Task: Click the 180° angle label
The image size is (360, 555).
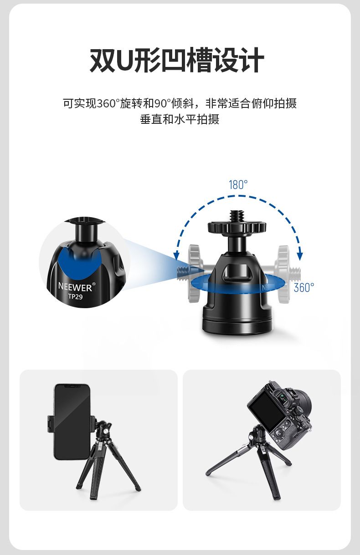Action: click(x=238, y=184)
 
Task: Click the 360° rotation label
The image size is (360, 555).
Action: click(x=304, y=287)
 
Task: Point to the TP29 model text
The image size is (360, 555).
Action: click(x=75, y=296)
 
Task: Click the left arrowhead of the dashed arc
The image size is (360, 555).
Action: click(x=176, y=256)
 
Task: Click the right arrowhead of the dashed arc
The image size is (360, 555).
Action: click(x=300, y=256)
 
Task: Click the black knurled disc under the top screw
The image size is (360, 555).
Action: click(x=237, y=228)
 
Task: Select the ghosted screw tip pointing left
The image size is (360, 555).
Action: click(x=184, y=273)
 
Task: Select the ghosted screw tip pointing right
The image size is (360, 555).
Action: click(x=294, y=274)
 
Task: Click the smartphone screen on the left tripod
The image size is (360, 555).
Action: click(x=72, y=423)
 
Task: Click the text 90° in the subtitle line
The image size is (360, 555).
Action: click(x=163, y=103)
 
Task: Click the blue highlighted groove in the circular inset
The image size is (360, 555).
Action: click(x=79, y=263)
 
